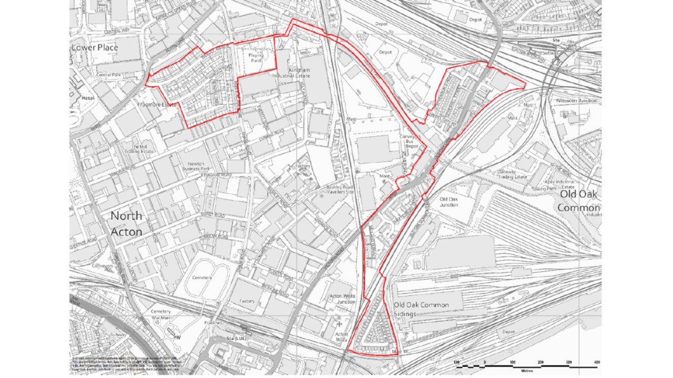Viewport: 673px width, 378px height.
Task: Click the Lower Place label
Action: [x=95, y=48]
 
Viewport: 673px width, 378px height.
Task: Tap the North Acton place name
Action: [x=126, y=224]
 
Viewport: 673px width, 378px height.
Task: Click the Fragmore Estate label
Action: [x=156, y=104]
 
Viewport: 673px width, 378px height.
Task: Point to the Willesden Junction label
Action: [x=576, y=100]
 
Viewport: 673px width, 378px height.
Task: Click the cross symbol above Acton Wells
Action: [x=339, y=324]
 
